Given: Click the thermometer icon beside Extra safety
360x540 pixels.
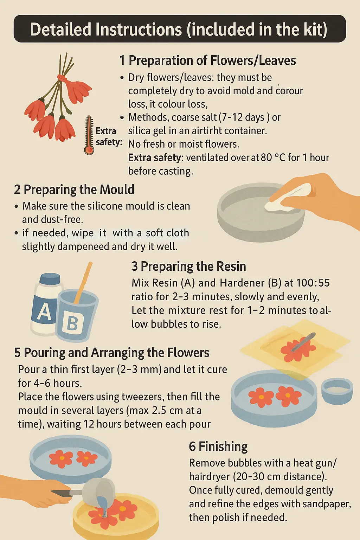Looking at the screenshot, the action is tap(89, 135).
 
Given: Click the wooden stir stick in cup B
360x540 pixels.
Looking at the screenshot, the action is tap(83, 282).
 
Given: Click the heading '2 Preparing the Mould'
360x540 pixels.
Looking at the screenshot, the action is tap(74, 189).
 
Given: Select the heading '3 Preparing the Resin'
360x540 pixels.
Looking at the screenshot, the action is tap(188, 266).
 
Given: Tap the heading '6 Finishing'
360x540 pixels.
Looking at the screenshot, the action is tap(218, 446).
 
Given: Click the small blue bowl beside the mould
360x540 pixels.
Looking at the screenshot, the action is tap(337, 391).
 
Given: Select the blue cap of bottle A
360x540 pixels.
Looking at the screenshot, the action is tap(50, 279).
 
